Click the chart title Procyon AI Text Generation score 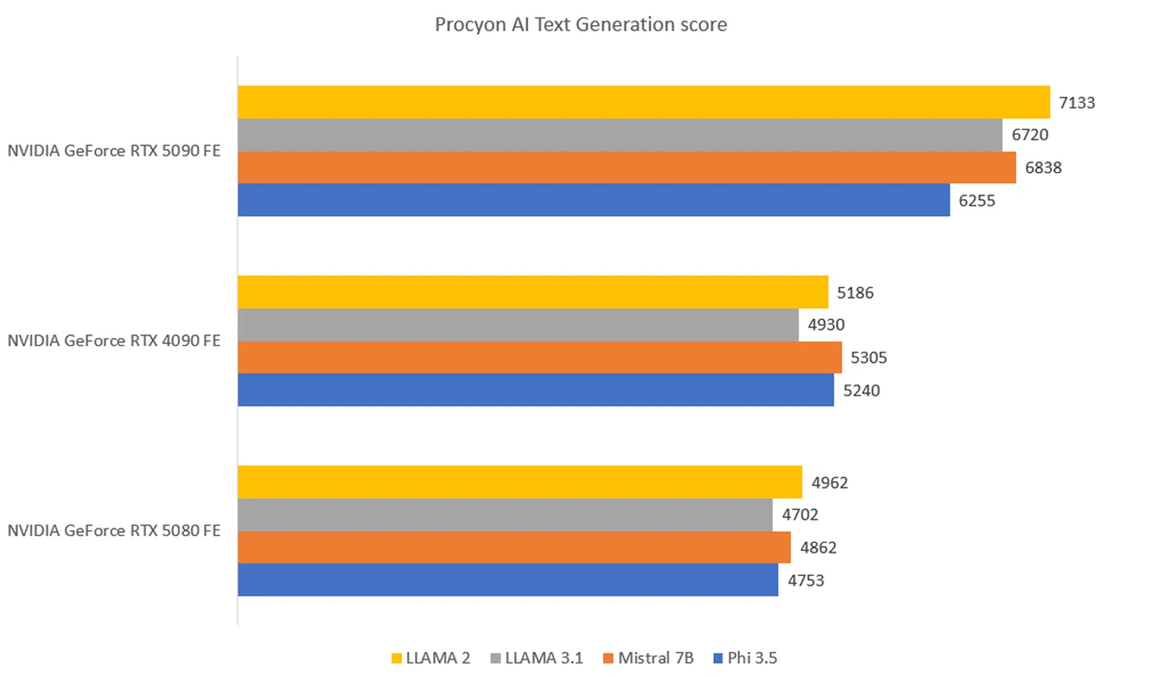581,25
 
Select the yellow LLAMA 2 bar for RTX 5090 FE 644,102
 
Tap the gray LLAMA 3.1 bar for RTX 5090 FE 619,135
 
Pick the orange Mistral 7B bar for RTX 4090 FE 539,357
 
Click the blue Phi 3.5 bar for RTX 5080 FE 508,580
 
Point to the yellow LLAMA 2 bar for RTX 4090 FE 533,292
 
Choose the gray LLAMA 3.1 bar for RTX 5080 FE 505,515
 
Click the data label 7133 1077,103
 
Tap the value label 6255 976,201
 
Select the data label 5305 868,358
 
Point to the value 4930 826,325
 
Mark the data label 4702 800,515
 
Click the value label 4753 805,580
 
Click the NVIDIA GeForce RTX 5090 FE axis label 114,151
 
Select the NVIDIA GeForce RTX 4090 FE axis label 114,341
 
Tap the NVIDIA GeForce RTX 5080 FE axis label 114,531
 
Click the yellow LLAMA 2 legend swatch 396,658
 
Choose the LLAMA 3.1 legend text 544,658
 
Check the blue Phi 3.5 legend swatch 718,658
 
